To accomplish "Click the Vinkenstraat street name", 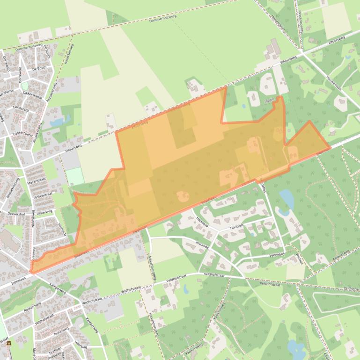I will pos(43,195).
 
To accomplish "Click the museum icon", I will pos(9,344).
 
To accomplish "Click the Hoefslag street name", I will pos(81,344).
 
